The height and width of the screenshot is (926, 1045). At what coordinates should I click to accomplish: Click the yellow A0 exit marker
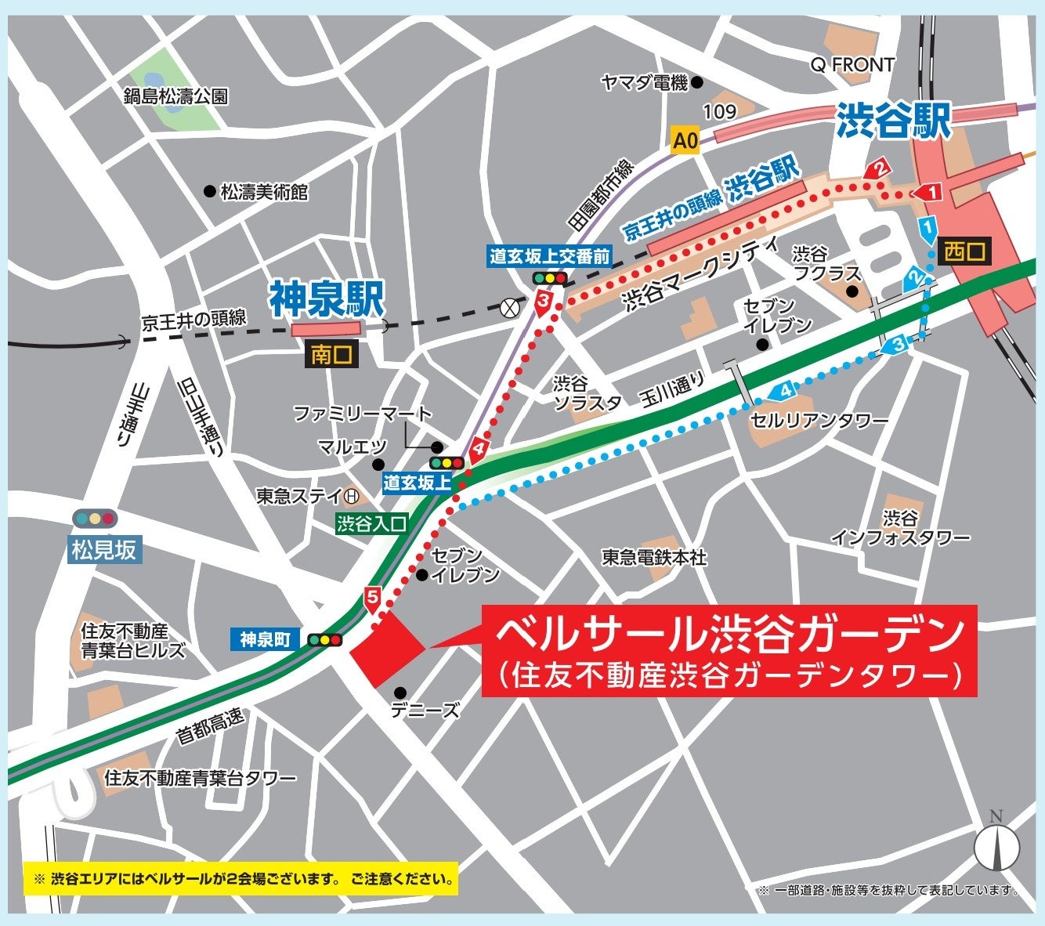coord(685,141)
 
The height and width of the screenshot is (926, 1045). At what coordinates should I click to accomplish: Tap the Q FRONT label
coord(852,65)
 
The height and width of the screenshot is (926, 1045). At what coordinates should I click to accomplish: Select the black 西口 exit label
coord(965,251)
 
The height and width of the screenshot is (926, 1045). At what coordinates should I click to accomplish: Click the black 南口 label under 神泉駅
coord(331,355)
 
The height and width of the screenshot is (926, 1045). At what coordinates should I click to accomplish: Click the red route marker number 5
coord(372,599)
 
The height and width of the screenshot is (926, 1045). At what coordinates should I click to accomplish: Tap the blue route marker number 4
coord(784,390)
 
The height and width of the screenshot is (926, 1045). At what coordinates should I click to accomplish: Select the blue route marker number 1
coord(927,228)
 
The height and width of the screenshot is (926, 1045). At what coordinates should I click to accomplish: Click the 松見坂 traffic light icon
coord(95,519)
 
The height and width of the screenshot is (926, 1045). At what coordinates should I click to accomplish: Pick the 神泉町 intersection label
coord(266,639)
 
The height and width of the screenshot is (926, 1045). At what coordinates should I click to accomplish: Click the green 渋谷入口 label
coord(372,524)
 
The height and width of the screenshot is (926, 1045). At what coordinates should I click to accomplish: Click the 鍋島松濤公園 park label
coord(175,96)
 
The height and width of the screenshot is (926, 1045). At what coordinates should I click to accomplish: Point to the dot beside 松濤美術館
coord(209,191)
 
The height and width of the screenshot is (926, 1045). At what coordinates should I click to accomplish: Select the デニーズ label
coord(425,711)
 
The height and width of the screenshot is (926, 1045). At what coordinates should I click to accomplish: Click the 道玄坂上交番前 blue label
coord(549,255)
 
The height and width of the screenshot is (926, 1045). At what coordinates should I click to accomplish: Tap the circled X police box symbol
coord(511,307)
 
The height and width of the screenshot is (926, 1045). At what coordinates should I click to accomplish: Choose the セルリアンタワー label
coord(819,421)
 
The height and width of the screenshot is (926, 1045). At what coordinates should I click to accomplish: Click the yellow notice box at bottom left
coord(241,879)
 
